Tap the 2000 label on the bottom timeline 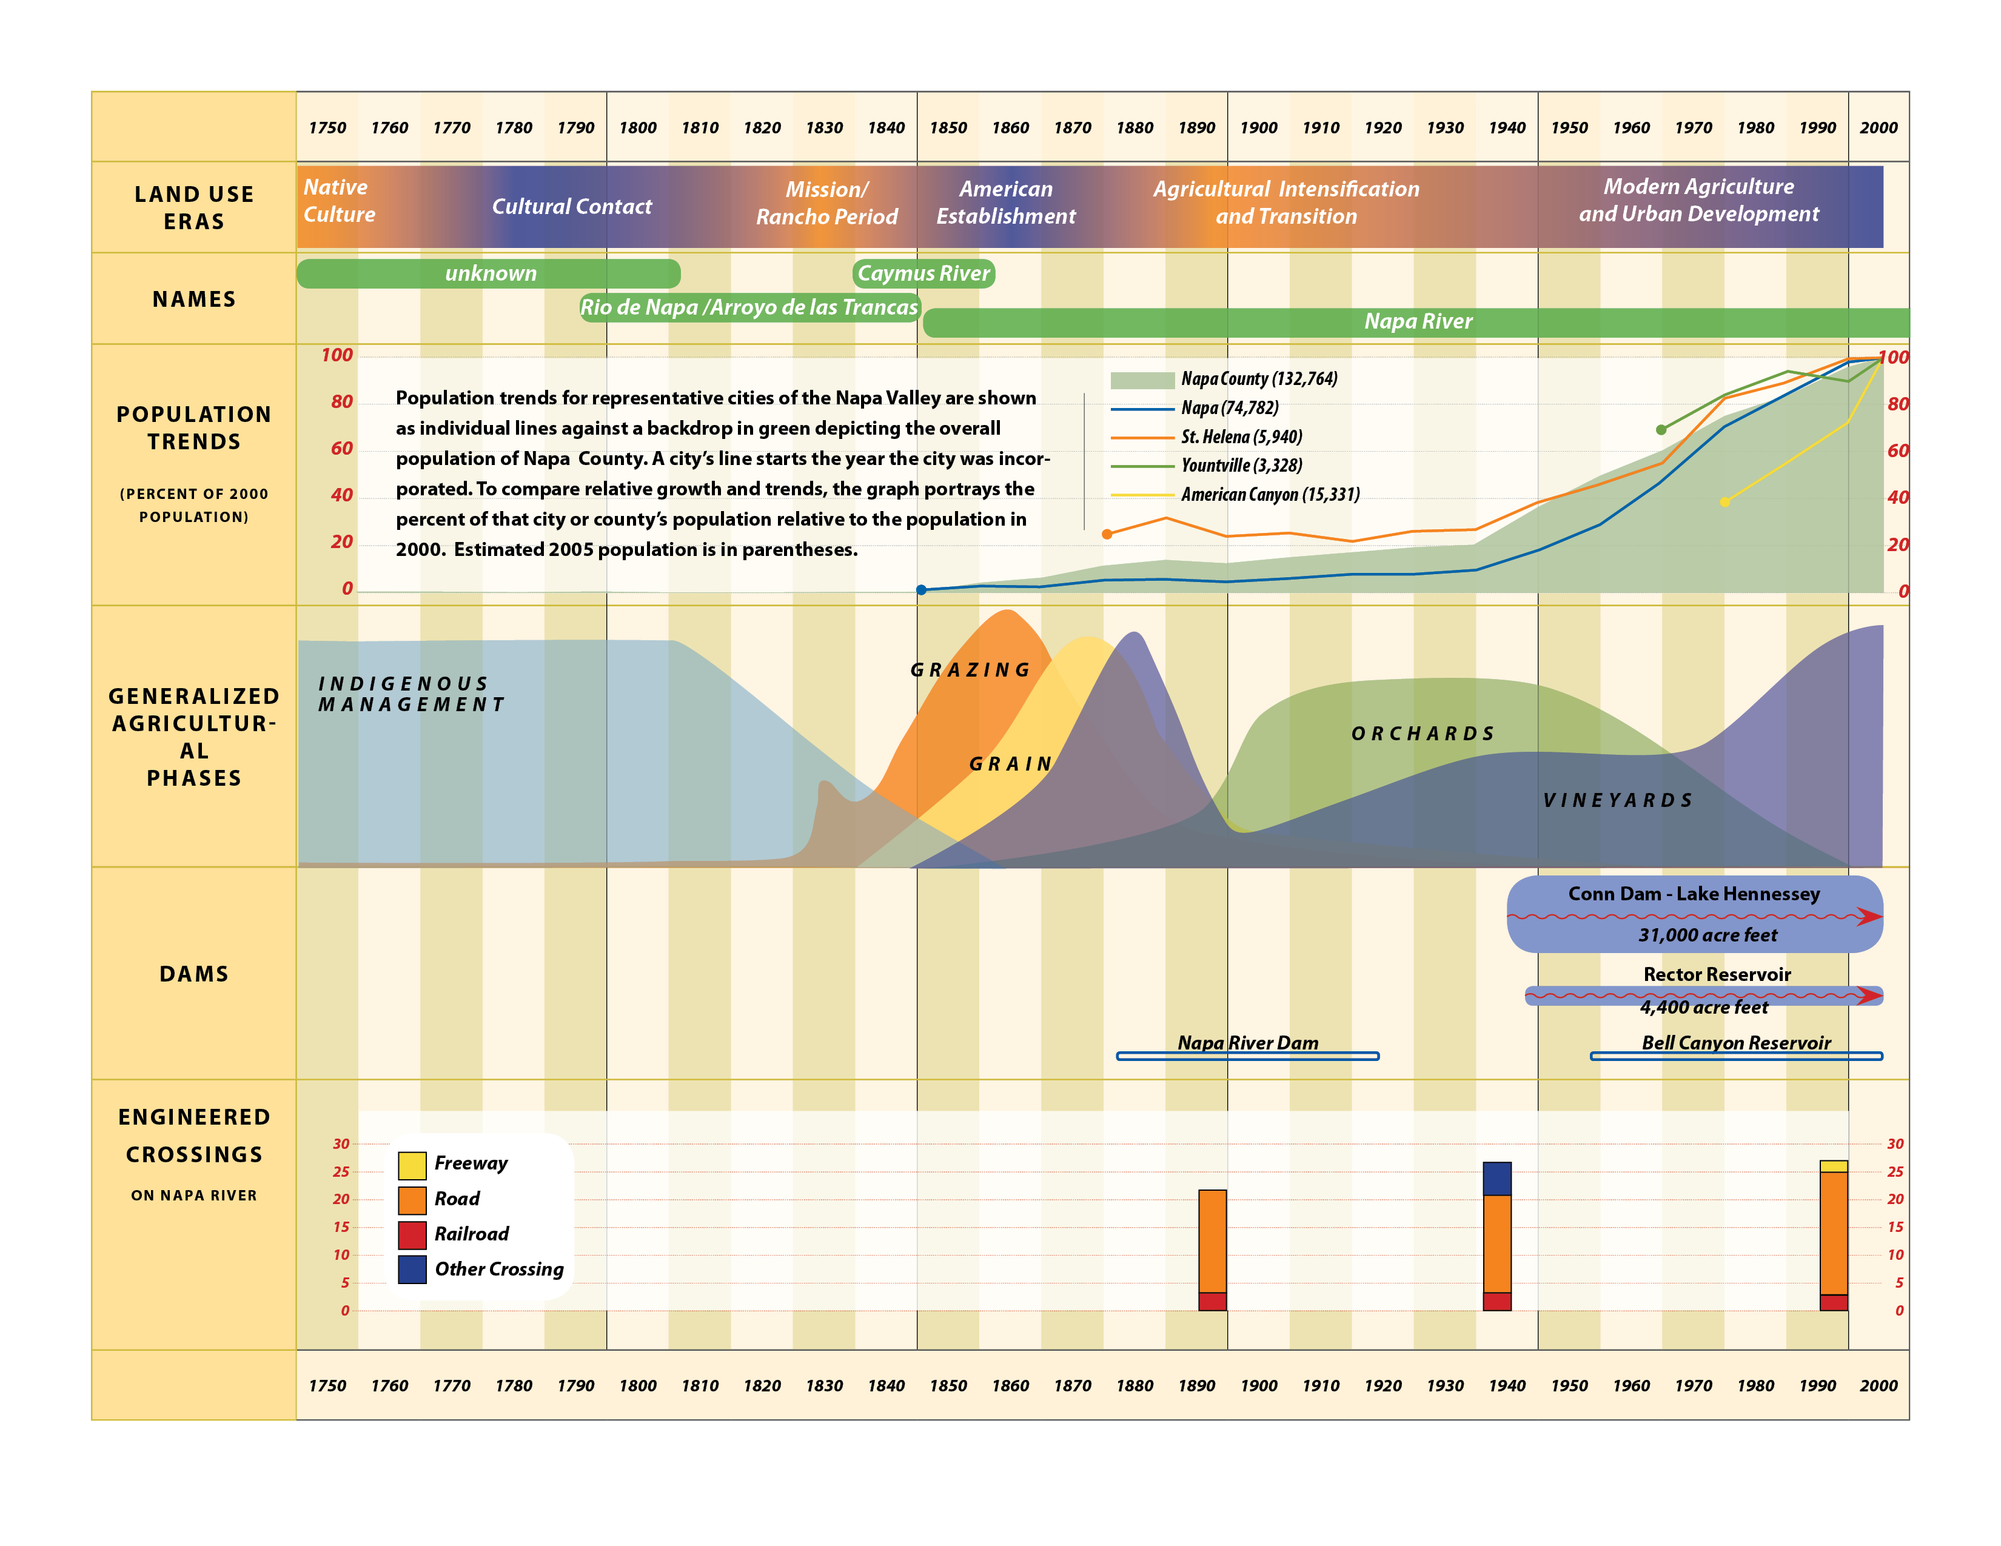pos(1879,1386)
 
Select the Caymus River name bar pos(923,273)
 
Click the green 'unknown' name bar pos(489,273)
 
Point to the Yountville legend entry pos(1241,465)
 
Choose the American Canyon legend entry pos(1269,495)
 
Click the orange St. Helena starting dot pos(1107,534)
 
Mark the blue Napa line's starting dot pos(922,590)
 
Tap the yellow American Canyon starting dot pos(1724,502)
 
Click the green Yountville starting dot pos(1661,430)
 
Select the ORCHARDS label pos(1423,734)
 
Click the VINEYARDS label pos(1618,800)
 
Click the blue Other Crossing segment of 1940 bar pos(1497,1179)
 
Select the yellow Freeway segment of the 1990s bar pos(1833,1166)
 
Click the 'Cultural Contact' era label pos(572,207)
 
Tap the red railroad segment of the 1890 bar pos(1212,1302)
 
